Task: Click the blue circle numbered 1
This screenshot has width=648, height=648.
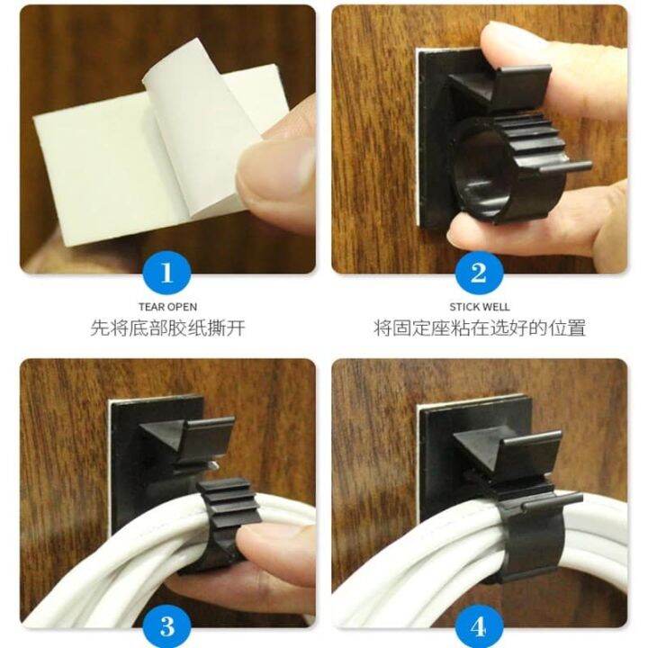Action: (x=167, y=272)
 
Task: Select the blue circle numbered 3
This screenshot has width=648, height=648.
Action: (x=167, y=625)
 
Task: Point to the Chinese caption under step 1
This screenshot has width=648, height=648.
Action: (x=167, y=328)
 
